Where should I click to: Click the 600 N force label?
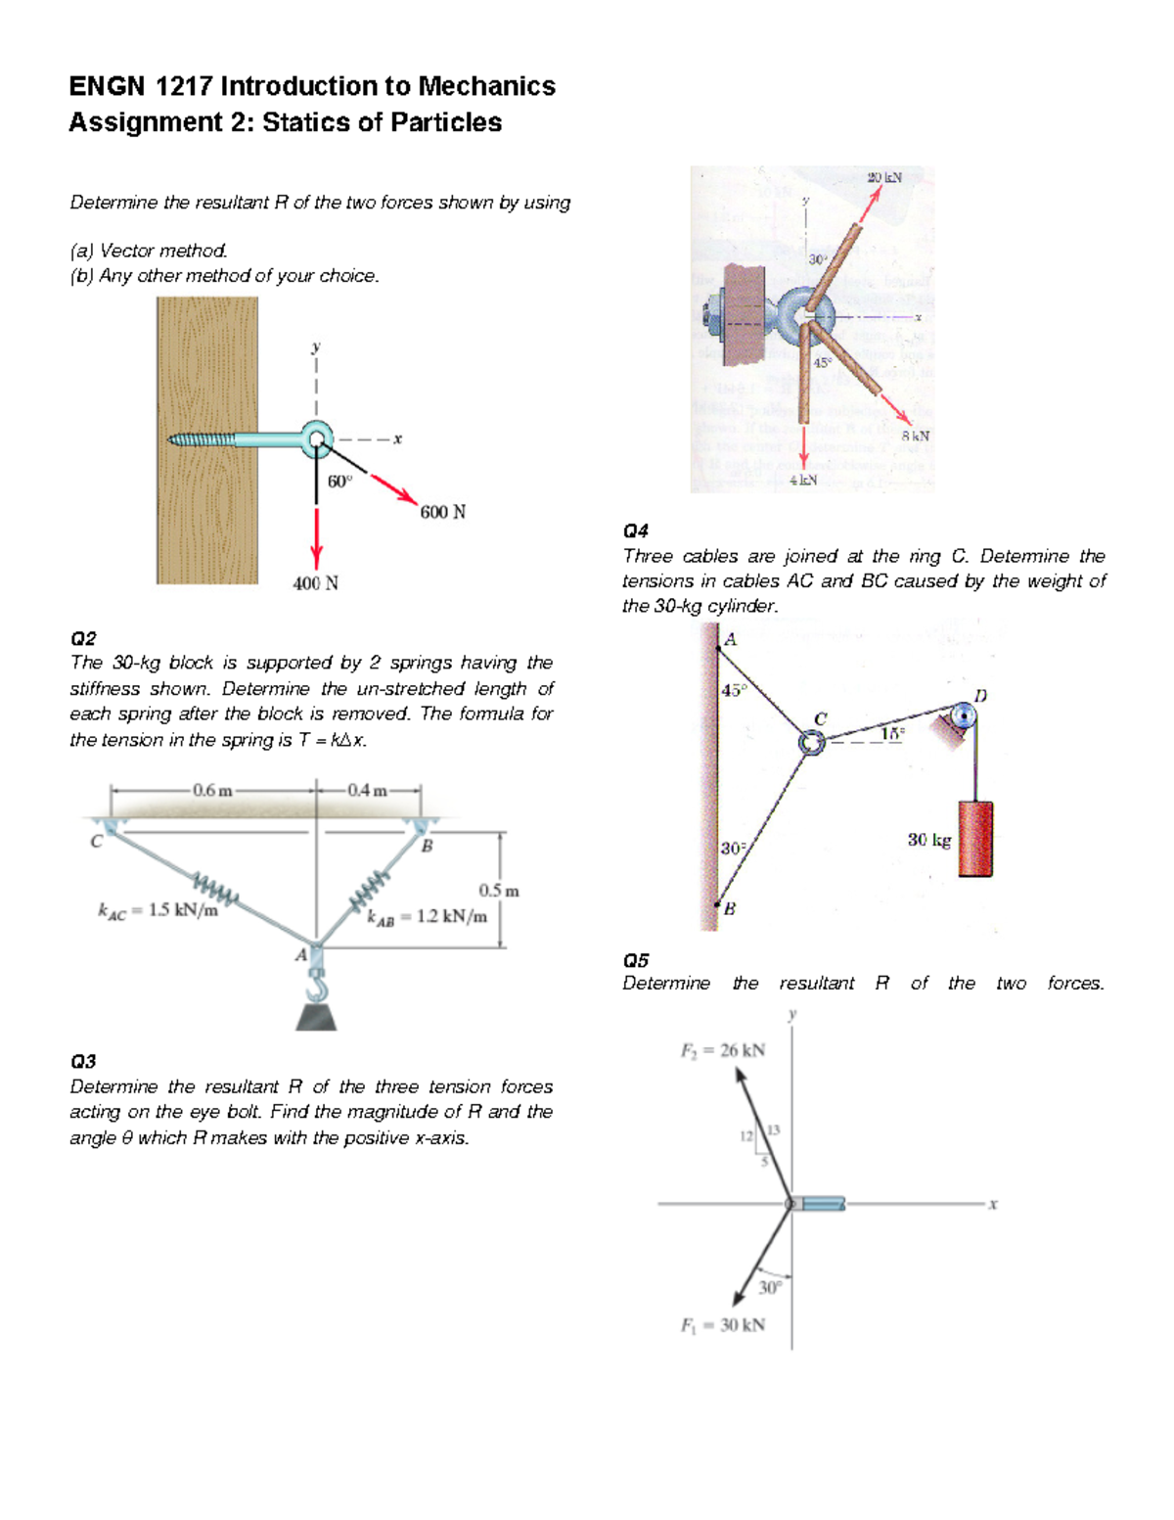click(442, 512)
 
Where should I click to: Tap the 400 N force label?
click(315, 583)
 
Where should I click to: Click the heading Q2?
click(83, 638)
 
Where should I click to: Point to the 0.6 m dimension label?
click(212, 790)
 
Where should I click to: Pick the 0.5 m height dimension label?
click(499, 891)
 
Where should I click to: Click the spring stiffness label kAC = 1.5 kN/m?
click(158, 910)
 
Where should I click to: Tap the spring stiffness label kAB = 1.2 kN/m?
click(427, 917)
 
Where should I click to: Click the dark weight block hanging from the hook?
click(316, 1017)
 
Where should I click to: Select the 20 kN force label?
click(883, 177)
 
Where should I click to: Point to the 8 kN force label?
click(915, 435)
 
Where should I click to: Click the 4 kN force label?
click(803, 480)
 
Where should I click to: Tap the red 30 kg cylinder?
click(974, 839)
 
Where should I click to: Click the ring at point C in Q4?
click(811, 743)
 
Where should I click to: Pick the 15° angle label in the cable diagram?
click(892, 733)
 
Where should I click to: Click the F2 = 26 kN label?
click(723, 1050)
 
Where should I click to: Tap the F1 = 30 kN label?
click(723, 1325)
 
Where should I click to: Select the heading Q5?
click(635, 959)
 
